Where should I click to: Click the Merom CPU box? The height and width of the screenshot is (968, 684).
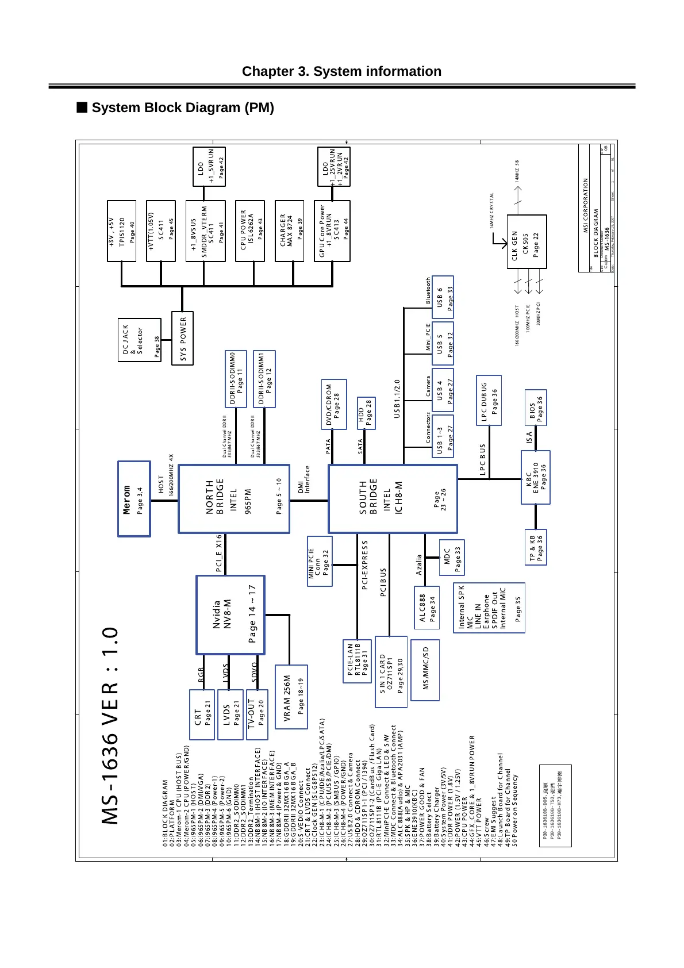pos(134,498)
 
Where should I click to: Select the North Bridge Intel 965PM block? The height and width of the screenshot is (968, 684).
pos(234,498)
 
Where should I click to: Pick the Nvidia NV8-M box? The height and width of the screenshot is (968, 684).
pos(230,614)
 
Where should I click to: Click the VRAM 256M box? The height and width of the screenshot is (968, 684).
pos(291,697)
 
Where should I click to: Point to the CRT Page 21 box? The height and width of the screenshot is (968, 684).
pos(201,715)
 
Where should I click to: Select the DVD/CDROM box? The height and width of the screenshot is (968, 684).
pos(333,404)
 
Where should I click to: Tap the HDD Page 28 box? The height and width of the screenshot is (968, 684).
pos(366,413)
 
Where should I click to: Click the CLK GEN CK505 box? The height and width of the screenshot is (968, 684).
pos(527,242)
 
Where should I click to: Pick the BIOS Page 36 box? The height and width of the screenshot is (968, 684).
pos(536,408)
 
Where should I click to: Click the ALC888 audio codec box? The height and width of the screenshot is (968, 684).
pos(426,608)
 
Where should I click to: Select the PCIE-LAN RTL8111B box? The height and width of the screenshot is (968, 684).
pos(357,662)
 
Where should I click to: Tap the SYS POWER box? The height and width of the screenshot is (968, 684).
pos(183,338)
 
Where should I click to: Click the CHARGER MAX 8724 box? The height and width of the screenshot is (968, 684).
pos(289,231)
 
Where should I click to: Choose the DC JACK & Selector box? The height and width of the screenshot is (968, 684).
pos(140,340)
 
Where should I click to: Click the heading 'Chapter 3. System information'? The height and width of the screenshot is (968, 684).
pos(341,71)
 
